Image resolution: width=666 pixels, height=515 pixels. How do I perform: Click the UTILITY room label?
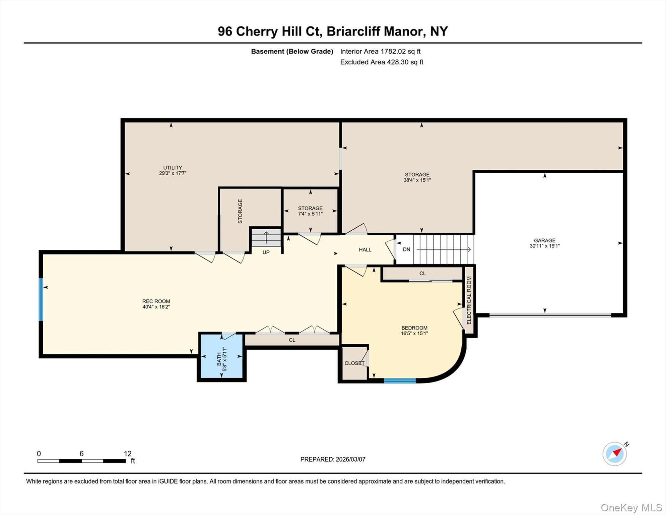click(x=173, y=168)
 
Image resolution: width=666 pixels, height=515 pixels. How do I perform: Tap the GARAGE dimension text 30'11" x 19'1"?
click(x=544, y=246)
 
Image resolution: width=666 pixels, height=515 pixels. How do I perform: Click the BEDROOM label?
click(x=414, y=328)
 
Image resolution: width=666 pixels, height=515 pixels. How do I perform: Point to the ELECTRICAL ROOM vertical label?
click(x=469, y=300)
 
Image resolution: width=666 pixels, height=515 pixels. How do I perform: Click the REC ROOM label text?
click(x=156, y=301)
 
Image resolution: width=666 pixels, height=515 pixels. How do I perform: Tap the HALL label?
click(x=365, y=249)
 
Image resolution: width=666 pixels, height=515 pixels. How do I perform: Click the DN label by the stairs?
click(x=406, y=249)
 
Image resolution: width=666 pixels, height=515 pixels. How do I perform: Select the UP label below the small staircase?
click(x=266, y=252)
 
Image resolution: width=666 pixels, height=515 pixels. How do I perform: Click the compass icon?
click(x=615, y=454)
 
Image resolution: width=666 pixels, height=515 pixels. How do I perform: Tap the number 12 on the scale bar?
click(x=127, y=454)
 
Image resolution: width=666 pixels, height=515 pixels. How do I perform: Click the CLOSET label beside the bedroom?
click(x=354, y=363)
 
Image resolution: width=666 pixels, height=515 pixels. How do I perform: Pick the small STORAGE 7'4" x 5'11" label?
click(x=310, y=211)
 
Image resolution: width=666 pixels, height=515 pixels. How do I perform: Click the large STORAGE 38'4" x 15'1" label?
click(x=417, y=177)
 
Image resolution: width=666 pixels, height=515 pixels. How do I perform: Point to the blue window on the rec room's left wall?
click(x=41, y=299)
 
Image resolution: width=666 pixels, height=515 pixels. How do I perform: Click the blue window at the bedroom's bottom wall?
click(x=400, y=381)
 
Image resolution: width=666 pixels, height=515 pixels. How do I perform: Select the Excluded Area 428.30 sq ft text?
click(x=382, y=62)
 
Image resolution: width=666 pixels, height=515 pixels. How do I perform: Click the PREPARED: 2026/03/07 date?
click(x=333, y=459)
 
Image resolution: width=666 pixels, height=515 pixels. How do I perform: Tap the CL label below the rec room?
click(x=292, y=340)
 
